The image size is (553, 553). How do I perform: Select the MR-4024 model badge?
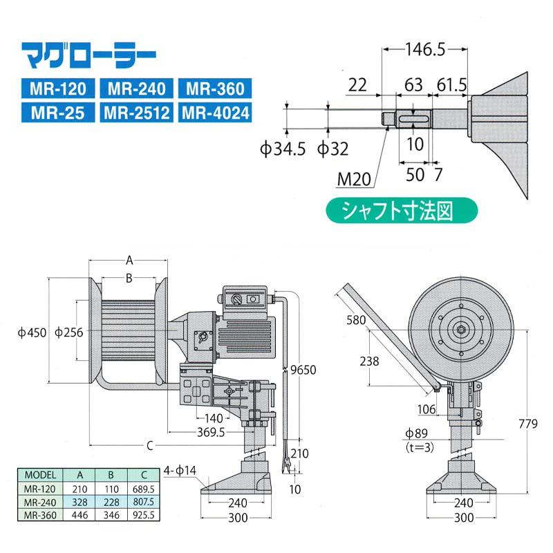click(x=214, y=112)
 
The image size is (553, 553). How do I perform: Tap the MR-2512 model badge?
click(x=136, y=112)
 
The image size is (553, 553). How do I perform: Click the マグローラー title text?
click(x=88, y=54)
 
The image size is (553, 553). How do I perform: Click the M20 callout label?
click(x=355, y=180)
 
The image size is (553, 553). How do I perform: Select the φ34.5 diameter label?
click(x=283, y=149)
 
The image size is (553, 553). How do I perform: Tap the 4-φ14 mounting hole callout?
click(x=181, y=471)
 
